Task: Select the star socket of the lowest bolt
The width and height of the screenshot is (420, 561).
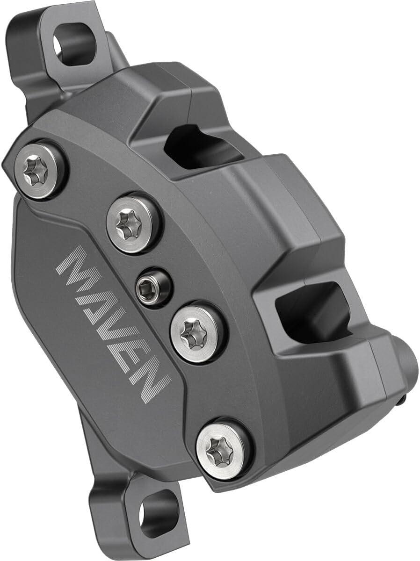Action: [x=218, y=450]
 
